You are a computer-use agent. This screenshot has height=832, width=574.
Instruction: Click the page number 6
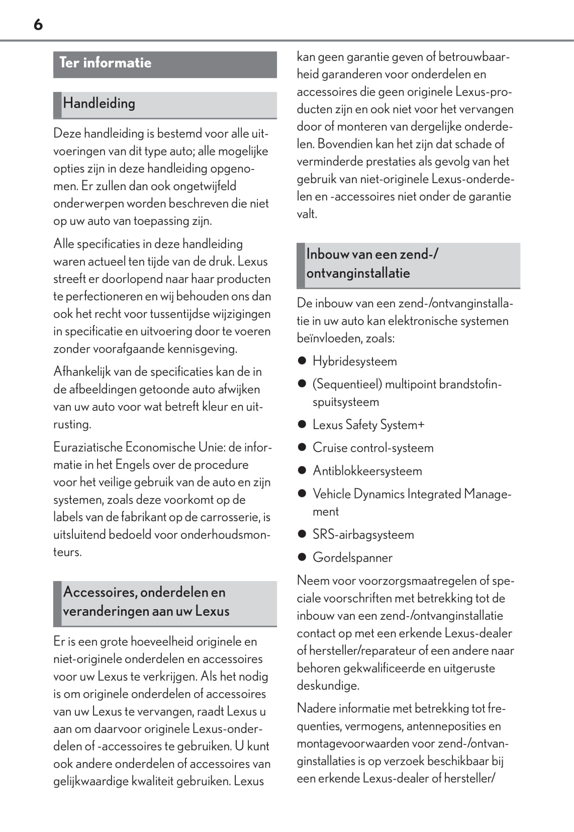click(38, 25)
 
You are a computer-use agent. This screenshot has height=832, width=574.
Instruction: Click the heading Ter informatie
click(105, 63)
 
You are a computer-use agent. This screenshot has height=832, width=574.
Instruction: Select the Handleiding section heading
click(99, 104)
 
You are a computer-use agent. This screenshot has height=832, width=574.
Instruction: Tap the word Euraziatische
click(87, 447)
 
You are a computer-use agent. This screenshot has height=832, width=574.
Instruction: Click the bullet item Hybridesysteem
click(354, 361)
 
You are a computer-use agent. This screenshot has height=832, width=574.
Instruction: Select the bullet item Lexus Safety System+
click(368, 425)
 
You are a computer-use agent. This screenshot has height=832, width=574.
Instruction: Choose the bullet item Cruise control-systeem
click(372, 448)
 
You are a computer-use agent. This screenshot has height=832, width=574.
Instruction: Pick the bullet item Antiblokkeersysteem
click(367, 471)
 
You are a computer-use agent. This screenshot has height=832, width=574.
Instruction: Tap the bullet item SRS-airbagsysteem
click(363, 534)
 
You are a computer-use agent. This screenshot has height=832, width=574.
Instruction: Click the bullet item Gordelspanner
click(352, 557)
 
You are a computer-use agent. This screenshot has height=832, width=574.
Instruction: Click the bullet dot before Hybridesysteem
click(302, 361)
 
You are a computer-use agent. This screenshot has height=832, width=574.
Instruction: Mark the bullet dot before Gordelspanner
click(302, 557)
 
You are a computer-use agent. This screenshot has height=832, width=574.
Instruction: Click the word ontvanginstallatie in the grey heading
click(358, 273)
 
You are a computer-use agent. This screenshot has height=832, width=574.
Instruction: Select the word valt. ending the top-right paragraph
click(307, 214)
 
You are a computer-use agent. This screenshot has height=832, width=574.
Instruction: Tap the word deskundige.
click(321, 686)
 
